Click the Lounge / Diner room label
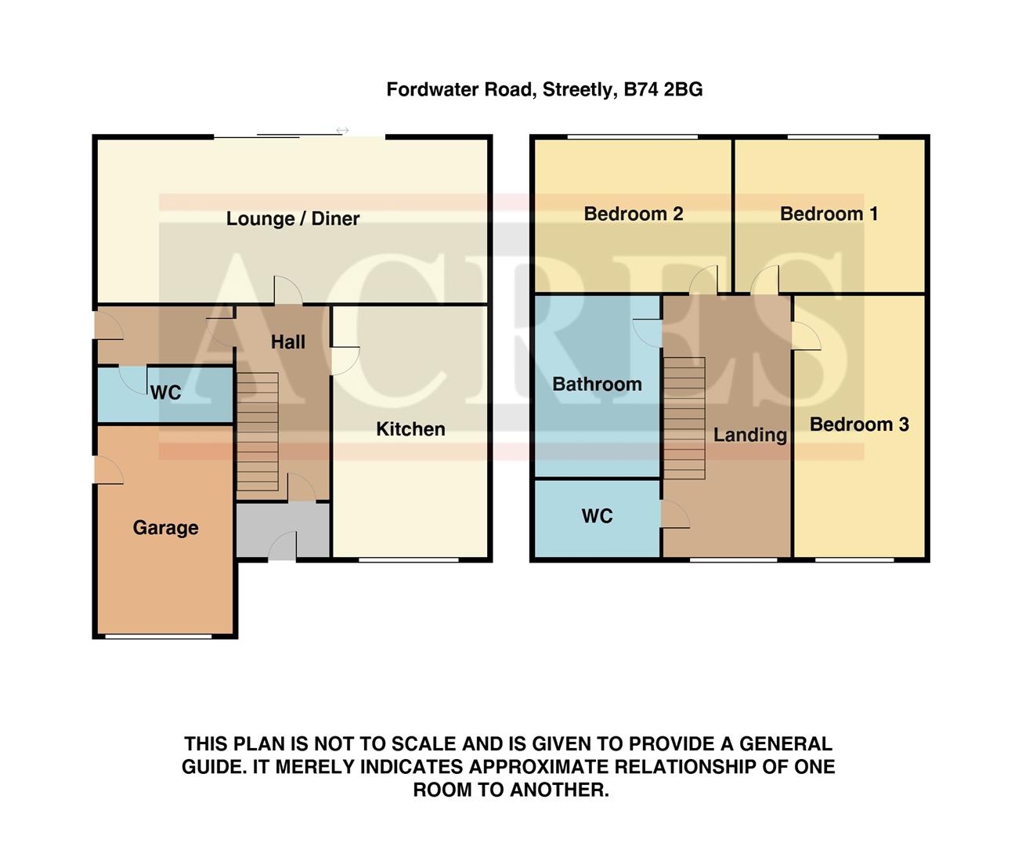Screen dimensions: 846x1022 click(x=292, y=219)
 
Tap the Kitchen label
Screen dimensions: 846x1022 click(x=410, y=429)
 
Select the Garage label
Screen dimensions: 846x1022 click(x=165, y=528)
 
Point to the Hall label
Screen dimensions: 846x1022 click(x=287, y=342)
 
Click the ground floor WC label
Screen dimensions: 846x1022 click(x=165, y=393)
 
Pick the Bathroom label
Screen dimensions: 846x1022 click(x=597, y=384)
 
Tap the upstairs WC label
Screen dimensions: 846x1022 click(x=597, y=516)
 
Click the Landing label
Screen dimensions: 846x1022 click(x=749, y=435)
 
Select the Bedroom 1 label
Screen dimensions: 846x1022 click(x=829, y=214)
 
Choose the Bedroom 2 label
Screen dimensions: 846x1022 click(x=634, y=214)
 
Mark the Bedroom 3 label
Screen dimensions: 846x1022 click(x=859, y=425)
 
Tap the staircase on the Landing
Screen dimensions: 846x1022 click(x=684, y=418)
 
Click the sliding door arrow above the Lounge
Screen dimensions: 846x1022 click(x=342, y=130)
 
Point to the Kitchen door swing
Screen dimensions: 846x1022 click(x=345, y=360)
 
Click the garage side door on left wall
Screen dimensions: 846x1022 click(x=108, y=470)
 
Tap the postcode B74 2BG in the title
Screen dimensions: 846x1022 click(x=663, y=90)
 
